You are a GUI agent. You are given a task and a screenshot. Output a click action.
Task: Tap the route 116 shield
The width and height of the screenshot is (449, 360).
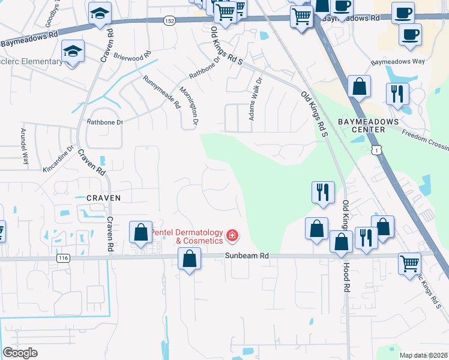(x=62, y=258)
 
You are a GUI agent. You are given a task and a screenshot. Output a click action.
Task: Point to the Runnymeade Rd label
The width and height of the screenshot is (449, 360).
(x=161, y=91)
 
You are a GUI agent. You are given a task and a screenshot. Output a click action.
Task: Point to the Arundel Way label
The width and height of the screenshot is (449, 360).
(x=25, y=146)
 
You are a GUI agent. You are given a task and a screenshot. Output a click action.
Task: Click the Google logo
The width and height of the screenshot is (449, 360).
(x=20, y=353)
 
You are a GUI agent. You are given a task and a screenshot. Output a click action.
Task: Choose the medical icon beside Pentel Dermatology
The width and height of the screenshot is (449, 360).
(x=231, y=236)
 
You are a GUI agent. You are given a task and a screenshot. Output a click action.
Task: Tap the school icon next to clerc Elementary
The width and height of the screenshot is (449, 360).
(x=73, y=52)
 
